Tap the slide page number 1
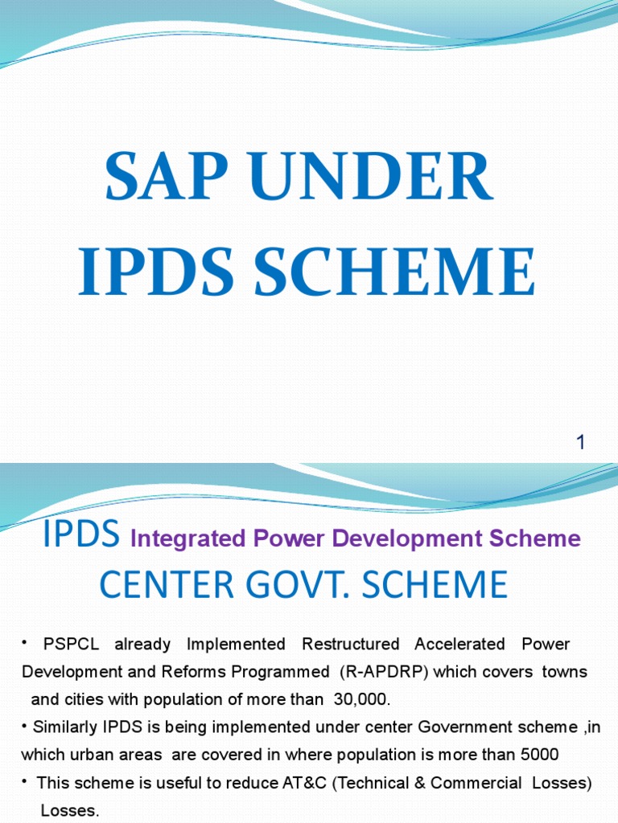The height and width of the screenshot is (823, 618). point(580,442)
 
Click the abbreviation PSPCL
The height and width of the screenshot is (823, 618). point(72,644)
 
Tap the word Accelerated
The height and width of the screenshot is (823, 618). point(459,644)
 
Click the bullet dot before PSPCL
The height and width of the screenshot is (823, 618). point(25,643)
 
